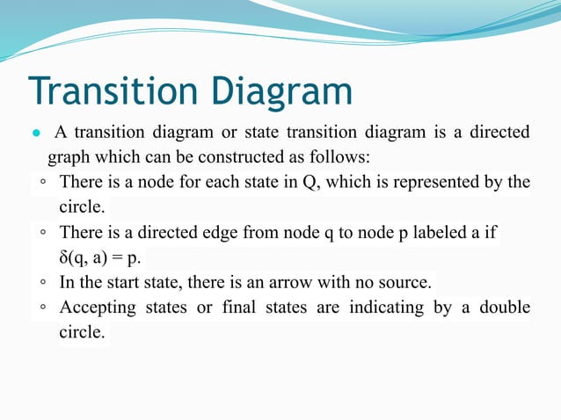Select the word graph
coord(67,158)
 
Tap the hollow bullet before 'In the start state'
coord(43,284)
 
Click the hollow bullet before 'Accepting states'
coord(43,308)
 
